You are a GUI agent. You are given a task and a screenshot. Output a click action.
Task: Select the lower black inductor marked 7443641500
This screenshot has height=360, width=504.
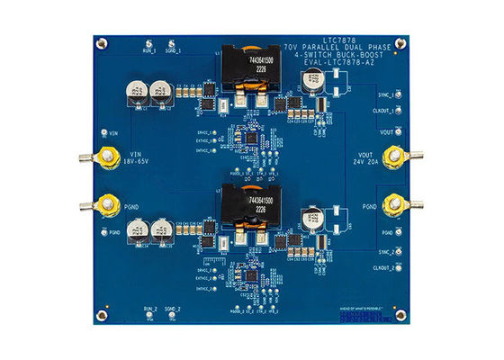coord(247,203)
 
